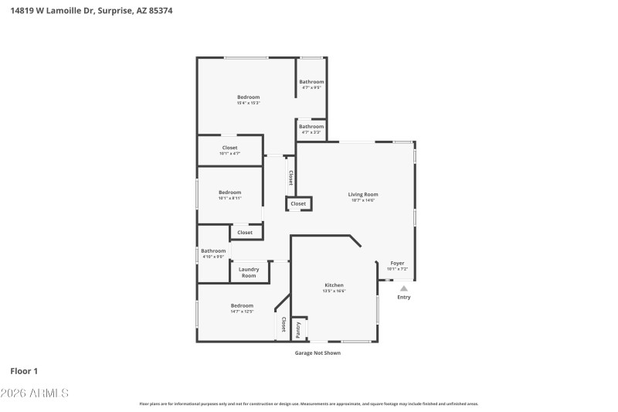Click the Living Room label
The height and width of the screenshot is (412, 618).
pos(362,197)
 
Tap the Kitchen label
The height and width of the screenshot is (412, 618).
pos(334,288)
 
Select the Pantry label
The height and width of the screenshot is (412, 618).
pos(299,329)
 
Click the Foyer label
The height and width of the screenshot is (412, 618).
pos(397,265)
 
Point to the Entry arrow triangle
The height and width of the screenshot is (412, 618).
pos(403,288)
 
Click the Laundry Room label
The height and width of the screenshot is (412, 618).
pos(249,272)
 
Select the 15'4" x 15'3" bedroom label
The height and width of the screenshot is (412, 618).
pos(248,100)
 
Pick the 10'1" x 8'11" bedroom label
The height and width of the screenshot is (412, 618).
pos(229,195)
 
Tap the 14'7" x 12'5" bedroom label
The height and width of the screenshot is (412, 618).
pos(242,308)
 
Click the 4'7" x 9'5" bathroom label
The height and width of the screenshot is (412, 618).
pos(311,84)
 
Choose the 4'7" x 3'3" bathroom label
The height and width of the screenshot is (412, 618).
pos(311,129)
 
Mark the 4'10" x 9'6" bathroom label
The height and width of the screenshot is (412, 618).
pos(213,253)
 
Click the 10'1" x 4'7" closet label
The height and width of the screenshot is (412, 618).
pos(229,150)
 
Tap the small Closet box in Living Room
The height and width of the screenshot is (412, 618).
pos(298,204)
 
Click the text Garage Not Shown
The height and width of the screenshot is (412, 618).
pos(317,352)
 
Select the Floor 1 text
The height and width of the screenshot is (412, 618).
pos(24,371)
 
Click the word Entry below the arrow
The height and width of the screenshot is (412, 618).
pos(404,298)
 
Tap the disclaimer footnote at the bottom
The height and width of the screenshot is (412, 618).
pos(308,403)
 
